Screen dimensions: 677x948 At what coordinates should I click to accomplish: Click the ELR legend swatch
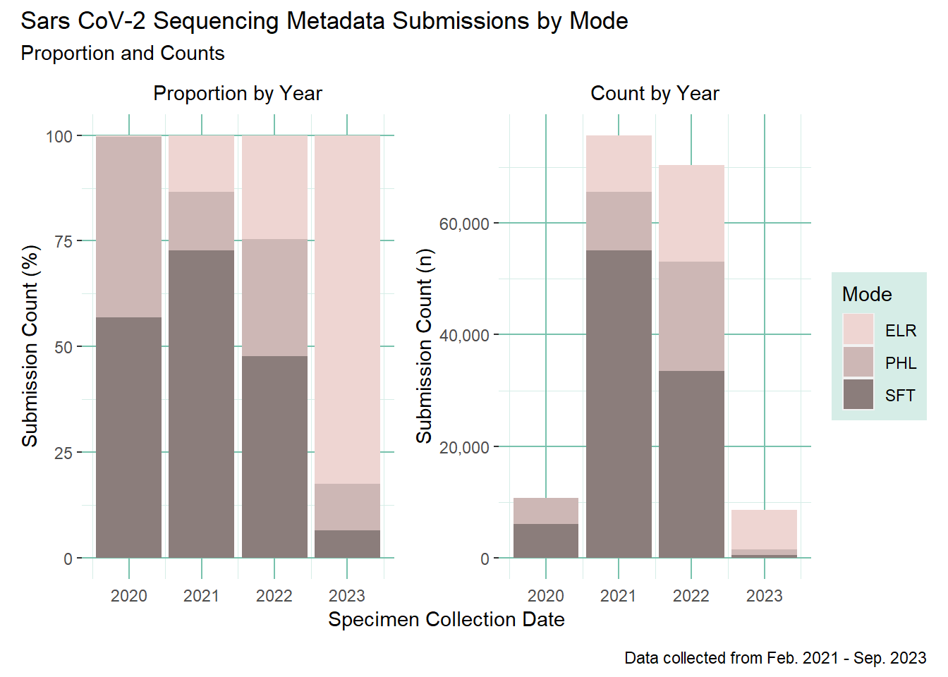[858, 330]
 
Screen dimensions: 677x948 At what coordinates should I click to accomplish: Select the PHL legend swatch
[858, 362]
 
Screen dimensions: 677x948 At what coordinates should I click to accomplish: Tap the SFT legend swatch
[858, 395]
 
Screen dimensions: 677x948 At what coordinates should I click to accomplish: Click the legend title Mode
[867, 294]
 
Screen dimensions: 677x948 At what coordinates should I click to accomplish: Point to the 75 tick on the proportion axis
[63, 241]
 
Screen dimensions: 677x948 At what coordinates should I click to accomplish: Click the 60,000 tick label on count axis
[463, 224]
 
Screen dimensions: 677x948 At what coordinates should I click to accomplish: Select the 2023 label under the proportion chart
[346, 596]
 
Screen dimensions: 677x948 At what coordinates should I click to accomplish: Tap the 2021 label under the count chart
[618, 596]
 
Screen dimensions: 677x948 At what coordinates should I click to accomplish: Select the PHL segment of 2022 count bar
[691, 316]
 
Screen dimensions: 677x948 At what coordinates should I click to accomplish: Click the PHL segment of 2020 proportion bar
[128, 226]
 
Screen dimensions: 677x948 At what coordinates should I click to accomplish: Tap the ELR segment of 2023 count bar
[764, 529]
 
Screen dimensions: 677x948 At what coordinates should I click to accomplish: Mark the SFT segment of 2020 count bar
[546, 540]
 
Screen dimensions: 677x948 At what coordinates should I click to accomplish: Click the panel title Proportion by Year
[238, 93]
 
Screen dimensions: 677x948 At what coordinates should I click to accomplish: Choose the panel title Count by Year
[655, 93]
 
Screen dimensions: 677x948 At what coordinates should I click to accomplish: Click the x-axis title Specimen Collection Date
[446, 619]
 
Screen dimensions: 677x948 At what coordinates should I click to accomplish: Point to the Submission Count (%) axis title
[30, 346]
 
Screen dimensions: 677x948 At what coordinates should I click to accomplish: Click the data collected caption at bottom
[774, 658]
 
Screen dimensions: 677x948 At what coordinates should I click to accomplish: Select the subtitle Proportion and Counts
[123, 54]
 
